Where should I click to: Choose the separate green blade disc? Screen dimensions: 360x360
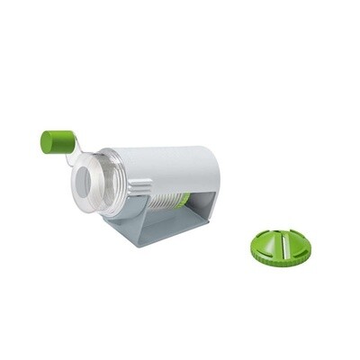click(281, 246)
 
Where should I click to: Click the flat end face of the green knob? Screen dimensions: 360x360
click(46, 140)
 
